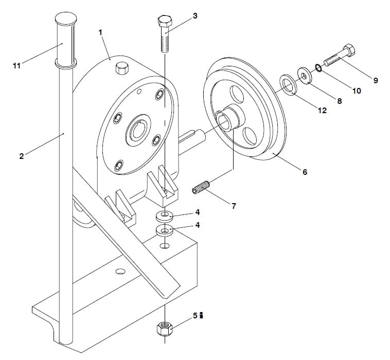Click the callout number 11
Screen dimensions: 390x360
[16, 66]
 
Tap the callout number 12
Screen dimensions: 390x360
[322, 111]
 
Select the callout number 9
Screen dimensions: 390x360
[376, 80]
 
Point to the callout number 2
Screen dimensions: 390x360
[22, 156]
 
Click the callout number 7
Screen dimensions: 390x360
[234, 206]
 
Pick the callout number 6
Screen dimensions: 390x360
[305, 172]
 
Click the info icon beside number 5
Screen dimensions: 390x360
[202, 316]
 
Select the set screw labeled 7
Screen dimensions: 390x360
[201, 188]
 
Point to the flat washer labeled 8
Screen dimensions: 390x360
[305, 75]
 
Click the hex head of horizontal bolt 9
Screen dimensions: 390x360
[349, 51]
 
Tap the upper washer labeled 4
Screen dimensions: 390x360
[165, 215]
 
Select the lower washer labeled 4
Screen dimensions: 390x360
[165, 230]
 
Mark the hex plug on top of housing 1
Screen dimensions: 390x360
[122, 68]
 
